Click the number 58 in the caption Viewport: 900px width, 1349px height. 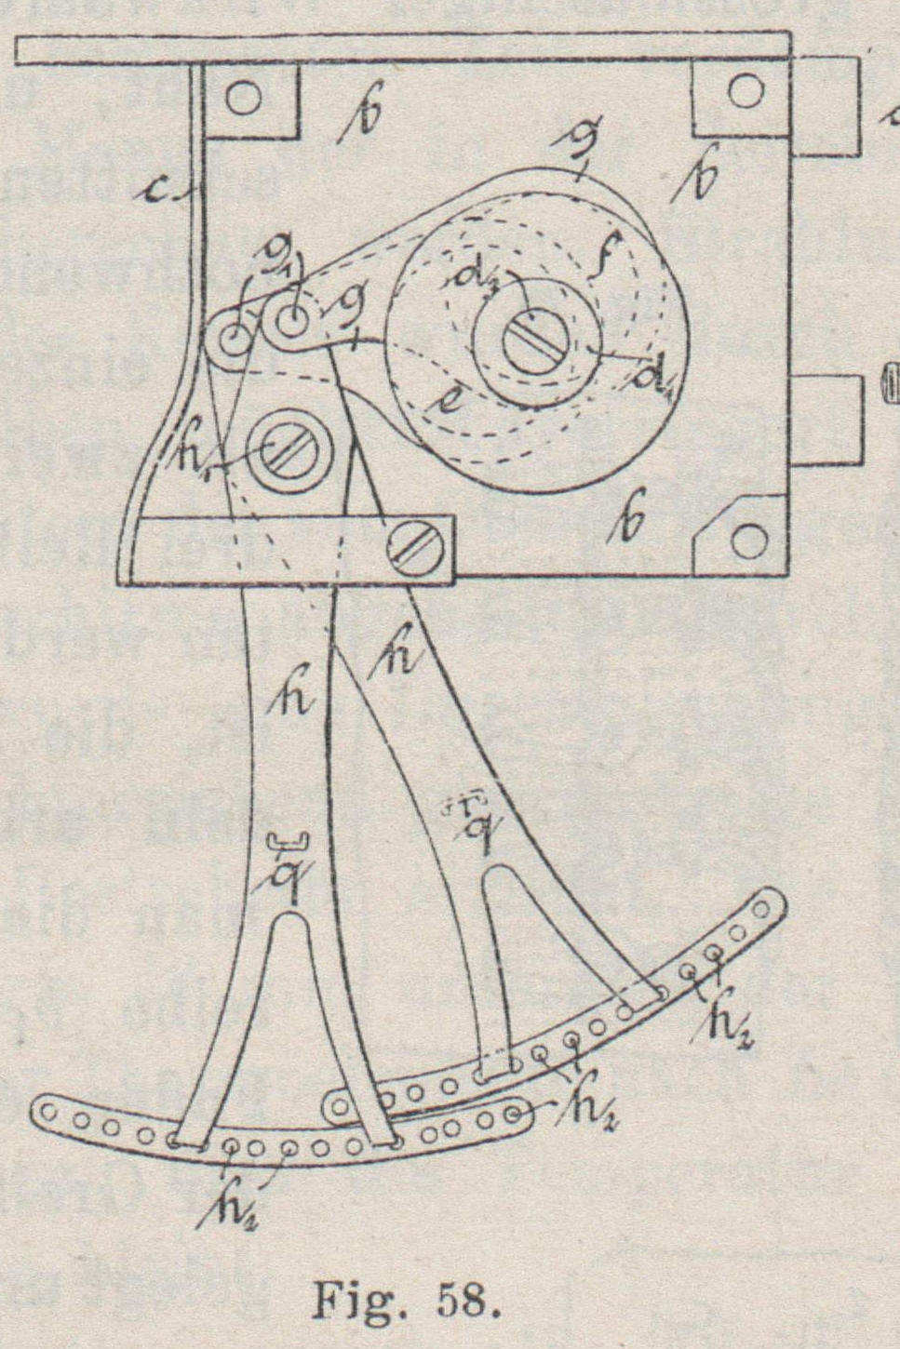tap(462, 1300)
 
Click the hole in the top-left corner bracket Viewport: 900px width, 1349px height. tap(244, 98)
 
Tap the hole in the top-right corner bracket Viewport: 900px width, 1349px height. tap(744, 91)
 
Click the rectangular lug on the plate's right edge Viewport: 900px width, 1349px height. tap(825, 420)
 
